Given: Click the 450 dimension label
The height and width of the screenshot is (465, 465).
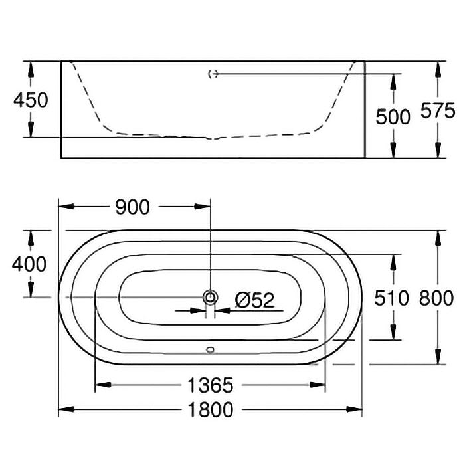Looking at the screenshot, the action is [31, 100].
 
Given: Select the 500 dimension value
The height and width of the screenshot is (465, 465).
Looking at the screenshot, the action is [393, 116].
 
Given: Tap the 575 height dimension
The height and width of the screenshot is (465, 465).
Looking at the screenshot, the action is [438, 110].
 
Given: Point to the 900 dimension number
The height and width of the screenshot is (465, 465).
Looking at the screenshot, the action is [133, 207].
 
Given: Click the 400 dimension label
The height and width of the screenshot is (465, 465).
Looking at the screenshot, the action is [29, 264].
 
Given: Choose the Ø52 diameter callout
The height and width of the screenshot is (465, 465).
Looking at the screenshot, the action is [254, 300].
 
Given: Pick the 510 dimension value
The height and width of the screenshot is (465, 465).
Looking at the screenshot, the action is [391, 298].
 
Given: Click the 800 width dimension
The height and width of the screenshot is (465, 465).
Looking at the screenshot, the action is [436, 298].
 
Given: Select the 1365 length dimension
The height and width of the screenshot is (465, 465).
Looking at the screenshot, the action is [211, 385].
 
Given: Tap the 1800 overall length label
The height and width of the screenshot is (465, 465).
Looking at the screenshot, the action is [211, 410].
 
